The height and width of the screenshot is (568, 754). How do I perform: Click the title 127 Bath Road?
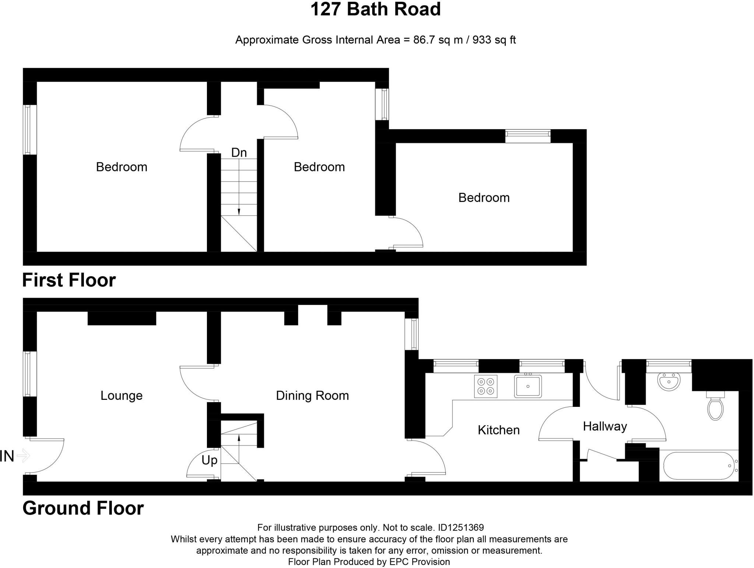375,10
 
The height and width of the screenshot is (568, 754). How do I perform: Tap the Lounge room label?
121,395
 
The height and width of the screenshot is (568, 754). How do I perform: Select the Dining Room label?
312,395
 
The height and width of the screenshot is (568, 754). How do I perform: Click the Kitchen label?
498,430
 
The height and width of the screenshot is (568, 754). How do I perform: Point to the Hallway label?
605,426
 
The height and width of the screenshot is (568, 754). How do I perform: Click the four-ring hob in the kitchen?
486,386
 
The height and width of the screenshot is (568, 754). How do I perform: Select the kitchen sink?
528,386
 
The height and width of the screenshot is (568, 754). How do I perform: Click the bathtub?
698,466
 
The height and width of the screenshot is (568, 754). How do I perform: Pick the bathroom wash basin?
669,381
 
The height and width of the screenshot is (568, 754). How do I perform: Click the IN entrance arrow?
23,456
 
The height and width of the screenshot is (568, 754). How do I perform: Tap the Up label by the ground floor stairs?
209,460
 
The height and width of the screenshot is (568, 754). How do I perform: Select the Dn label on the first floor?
239,153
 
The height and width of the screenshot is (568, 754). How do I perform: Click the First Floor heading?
69,280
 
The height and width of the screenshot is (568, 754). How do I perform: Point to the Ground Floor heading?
83,508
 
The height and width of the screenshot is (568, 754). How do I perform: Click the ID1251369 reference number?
461,528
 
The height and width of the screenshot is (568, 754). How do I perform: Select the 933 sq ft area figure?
494,40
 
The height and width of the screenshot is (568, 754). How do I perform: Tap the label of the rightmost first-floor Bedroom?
484,198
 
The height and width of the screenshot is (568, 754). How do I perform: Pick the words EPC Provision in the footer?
419,562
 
